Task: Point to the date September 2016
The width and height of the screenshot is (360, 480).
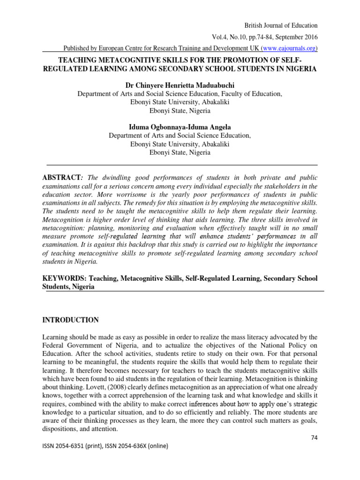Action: click(297, 37)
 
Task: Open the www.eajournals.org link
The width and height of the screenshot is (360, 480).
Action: click(289, 48)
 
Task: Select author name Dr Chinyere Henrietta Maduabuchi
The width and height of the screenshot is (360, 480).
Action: click(180, 85)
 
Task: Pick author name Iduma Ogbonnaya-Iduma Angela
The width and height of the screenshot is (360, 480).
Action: click(180, 127)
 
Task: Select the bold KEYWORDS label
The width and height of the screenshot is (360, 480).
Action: click(62, 278)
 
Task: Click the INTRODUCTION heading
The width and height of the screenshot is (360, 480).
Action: click(71, 320)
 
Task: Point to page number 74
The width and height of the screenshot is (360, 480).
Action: click(314, 437)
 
